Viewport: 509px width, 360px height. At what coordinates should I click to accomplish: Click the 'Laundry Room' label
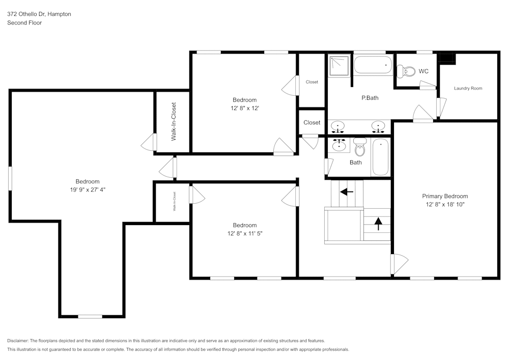point(468,88)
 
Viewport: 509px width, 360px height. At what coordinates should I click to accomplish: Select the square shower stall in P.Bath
point(339,66)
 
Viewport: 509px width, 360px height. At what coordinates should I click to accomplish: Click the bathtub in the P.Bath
point(373,66)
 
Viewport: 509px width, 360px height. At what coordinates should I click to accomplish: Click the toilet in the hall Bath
point(360,148)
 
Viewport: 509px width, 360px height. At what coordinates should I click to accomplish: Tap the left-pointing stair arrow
point(347,192)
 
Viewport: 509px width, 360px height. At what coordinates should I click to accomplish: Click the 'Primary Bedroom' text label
point(444,196)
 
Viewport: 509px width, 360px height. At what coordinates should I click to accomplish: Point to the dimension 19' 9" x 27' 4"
point(88,189)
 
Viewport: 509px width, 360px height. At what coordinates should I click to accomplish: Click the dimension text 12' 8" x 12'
point(244,108)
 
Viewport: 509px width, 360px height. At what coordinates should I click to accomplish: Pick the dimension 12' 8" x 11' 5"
point(244,233)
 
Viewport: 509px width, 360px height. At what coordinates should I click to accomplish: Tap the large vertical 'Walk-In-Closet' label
point(174,122)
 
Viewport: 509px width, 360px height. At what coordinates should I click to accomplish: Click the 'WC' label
point(423,71)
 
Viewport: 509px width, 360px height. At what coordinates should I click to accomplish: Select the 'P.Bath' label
point(370,98)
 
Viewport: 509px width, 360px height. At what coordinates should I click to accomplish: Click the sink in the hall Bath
point(338,146)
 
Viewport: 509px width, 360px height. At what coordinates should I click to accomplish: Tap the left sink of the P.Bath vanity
point(337,125)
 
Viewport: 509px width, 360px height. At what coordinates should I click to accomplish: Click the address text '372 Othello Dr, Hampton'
point(39,14)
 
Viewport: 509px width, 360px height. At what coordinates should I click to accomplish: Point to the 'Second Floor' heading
point(24,23)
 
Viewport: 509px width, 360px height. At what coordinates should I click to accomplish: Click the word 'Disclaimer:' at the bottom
point(18,341)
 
